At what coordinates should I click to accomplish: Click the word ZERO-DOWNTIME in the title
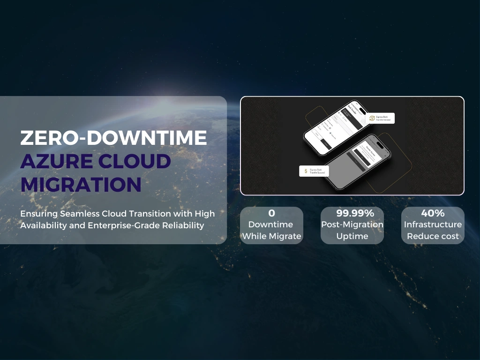(x=113, y=138)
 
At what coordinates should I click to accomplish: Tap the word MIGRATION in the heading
(x=81, y=185)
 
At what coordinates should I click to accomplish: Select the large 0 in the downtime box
(x=271, y=213)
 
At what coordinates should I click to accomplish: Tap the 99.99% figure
(x=352, y=213)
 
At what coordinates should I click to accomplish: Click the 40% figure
(x=433, y=213)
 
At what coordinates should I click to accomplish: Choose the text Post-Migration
(x=352, y=225)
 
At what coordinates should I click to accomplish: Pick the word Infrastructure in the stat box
(x=433, y=225)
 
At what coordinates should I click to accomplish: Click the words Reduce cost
(x=433, y=236)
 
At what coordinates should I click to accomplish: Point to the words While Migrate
(x=271, y=236)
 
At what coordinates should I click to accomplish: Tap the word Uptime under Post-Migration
(x=352, y=236)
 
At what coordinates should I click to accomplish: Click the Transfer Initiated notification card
(x=381, y=119)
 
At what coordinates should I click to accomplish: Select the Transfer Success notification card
(x=314, y=171)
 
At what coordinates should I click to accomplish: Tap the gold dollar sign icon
(x=306, y=171)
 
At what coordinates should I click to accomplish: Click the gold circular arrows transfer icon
(x=372, y=119)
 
